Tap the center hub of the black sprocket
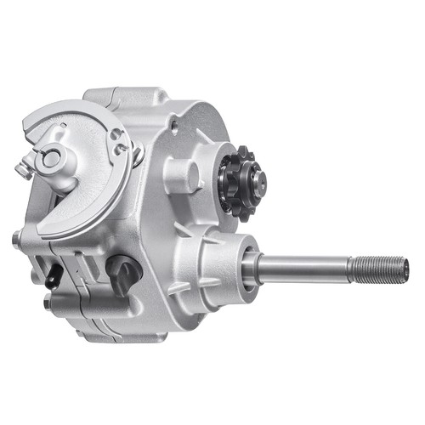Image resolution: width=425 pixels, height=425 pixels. pyautogui.click(x=252, y=179)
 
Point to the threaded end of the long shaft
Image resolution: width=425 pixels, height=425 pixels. pyautogui.click(x=378, y=270)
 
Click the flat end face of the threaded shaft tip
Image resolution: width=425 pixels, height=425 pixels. pyautogui.click(x=405, y=270)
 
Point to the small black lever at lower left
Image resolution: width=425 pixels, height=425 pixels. pyautogui.click(x=54, y=274)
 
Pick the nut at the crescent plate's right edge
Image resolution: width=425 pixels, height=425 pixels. pyautogui.click(x=138, y=153)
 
